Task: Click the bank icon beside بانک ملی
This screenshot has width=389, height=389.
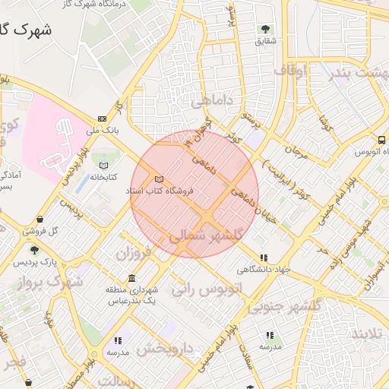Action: pyautogui.click(x=103, y=119)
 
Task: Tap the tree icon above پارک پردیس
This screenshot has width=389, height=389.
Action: pyautogui.click(x=33, y=249)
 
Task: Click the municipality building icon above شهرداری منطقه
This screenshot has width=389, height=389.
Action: pyautogui.click(x=132, y=278)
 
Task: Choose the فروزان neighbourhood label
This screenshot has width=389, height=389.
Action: pyautogui.click(x=134, y=252)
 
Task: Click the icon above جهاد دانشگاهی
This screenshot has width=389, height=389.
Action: pyautogui.click(x=264, y=258)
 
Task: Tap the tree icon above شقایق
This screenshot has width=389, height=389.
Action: pyautogui.click(x=265, y=29)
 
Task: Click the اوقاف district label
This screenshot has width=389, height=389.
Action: pyautogui.click(x=289, y=71)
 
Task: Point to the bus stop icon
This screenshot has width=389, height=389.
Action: pyautogui.click(x=381, y=140)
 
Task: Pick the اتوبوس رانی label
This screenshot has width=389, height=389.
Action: pyautogui.click(x=206, y=289)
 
